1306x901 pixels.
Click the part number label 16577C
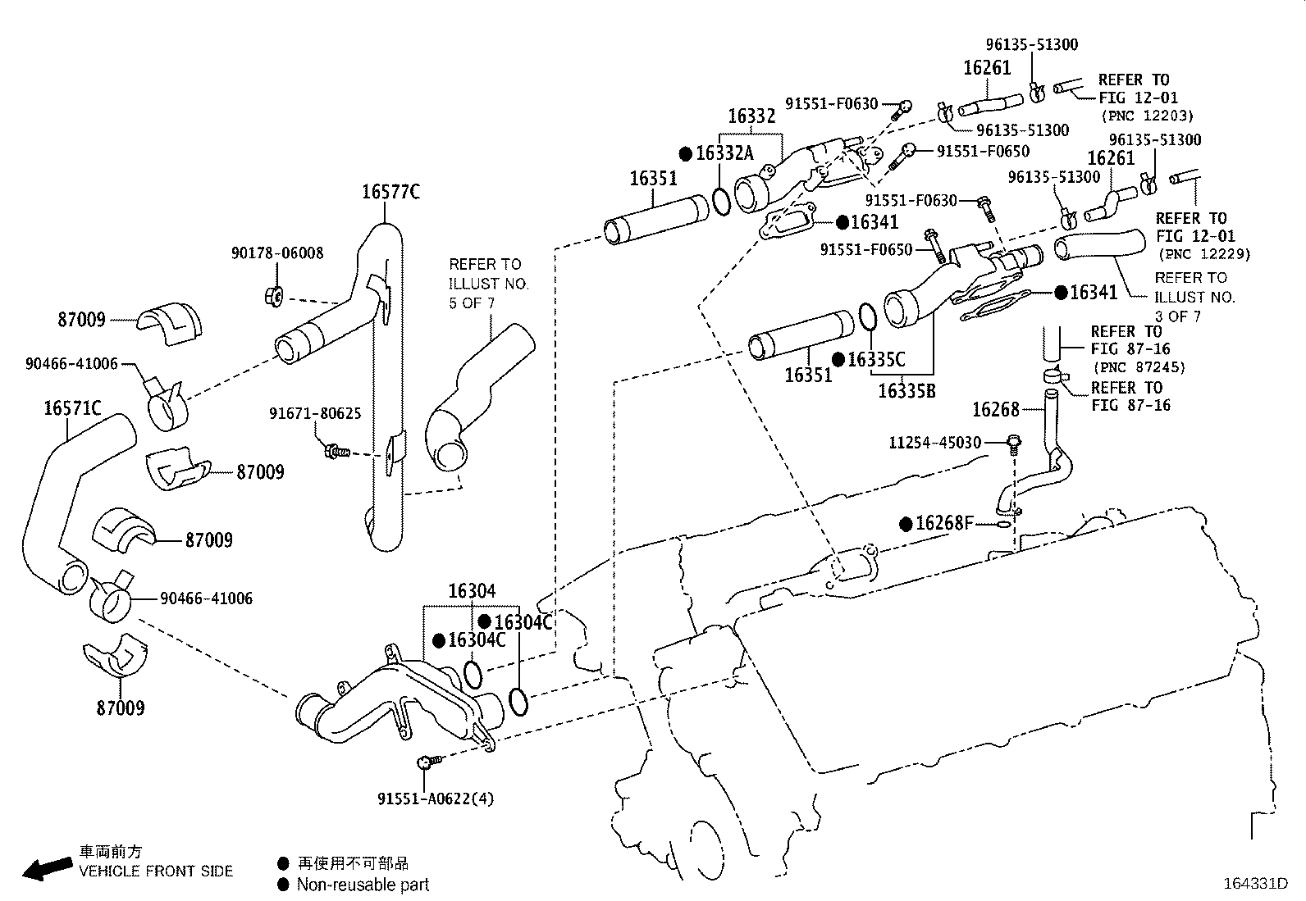[390, 192]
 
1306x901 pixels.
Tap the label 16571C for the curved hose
[72, 407]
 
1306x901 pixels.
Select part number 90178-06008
[276, 254]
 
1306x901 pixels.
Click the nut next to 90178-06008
[276, 295]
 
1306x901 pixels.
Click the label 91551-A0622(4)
[436, 799]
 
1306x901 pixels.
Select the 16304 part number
[472, 591]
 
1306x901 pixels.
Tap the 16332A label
[724, 153]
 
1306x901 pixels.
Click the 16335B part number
[906, 391]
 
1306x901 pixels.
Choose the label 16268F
[943, 523]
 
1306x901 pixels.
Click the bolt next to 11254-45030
[1014, 444]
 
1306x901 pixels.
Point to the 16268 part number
[995, 409]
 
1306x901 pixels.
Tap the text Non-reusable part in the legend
[363, 885]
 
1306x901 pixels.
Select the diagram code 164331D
[1255, 884]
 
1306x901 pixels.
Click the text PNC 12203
[1147, 116]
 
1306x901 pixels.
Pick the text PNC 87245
[1139, 368]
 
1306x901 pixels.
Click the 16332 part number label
[751, 116]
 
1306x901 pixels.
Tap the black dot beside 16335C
[838, 360]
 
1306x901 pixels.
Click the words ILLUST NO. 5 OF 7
[488, 294]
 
